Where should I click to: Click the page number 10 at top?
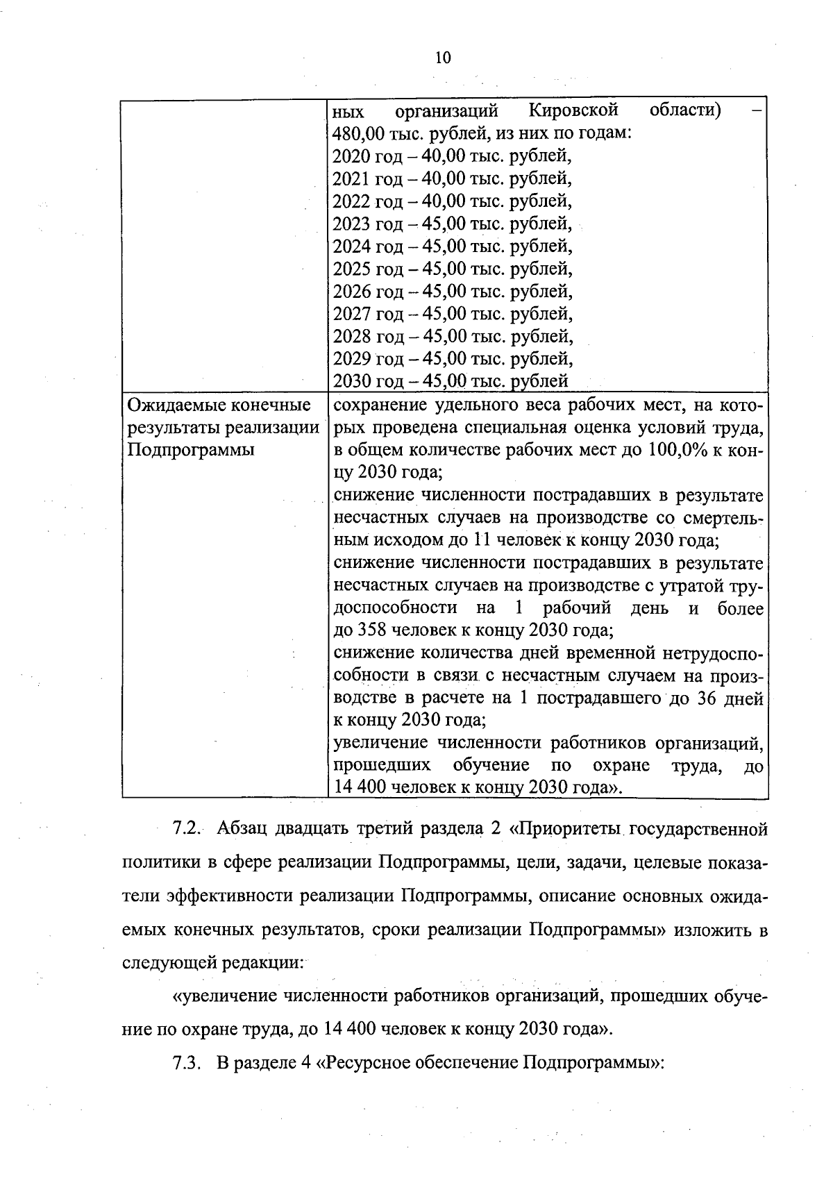(x=443, y=58)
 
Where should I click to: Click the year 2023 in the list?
(x=352, y=224)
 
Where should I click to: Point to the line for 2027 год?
(x=452, y=314)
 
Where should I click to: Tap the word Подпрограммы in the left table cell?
(x=191, y=450)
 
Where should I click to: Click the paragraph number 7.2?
(x=186, y=828)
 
